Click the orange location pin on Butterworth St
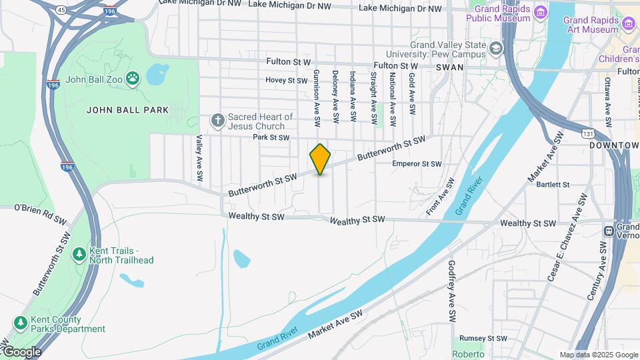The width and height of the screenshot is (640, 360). click(320, 159)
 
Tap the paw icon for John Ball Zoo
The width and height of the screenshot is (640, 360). click(134, 79)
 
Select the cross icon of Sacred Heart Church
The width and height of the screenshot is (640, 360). click(217, 121)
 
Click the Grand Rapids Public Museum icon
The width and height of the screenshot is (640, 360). click(541, 13)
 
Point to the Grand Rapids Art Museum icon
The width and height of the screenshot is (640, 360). click(628, 25)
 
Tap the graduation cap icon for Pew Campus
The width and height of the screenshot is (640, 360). click(495, 48)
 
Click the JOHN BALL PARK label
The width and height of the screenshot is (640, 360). click(127, 109)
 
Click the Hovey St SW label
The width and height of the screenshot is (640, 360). click(286, 80)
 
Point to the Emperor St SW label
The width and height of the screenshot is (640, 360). click(417, 164)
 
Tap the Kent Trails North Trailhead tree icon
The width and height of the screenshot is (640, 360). click(79, 254)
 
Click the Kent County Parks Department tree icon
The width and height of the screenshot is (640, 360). click(21, 323)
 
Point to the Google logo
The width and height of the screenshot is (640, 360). click(21, 351)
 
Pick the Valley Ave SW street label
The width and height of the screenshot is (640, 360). click(198, 159)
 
